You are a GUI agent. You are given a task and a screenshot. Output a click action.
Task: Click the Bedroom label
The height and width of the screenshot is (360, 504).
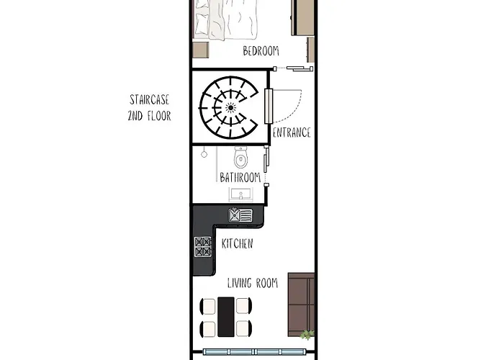pos(261,51)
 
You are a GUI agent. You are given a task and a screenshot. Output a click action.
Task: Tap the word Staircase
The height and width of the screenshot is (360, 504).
pos(150,99)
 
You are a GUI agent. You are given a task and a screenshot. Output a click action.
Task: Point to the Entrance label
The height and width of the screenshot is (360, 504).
pos(292,132)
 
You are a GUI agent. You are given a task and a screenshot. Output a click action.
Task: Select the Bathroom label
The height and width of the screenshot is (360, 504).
pos(240,177)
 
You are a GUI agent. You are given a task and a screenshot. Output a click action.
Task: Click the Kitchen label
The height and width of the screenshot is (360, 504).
pos(237,243)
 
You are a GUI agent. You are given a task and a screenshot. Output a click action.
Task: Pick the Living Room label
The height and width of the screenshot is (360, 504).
pos(253,283)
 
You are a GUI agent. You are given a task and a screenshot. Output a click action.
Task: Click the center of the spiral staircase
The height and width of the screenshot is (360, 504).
pos(230,107)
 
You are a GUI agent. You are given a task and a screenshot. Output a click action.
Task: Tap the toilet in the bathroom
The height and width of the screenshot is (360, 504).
pos(240,157)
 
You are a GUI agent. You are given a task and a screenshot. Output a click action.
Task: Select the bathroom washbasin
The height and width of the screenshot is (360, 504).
pos(240,194)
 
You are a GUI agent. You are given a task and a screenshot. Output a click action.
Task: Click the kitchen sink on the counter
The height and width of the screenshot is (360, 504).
pos(240,215)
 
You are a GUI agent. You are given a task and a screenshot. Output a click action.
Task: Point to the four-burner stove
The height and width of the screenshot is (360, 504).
pos(203,246)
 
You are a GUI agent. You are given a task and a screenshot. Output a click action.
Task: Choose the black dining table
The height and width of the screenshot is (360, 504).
pos(226,317)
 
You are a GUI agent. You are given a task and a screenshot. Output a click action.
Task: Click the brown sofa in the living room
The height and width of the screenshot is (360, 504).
pos(301,305)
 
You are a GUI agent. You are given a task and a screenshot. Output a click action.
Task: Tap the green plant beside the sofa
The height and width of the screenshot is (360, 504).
pos(307,335)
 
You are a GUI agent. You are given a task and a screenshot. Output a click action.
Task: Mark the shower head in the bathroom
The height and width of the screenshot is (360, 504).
pos(204,154)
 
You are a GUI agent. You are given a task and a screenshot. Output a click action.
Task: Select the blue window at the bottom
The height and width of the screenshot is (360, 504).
pos(253,351)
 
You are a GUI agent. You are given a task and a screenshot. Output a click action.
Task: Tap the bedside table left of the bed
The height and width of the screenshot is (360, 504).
pos(201,50)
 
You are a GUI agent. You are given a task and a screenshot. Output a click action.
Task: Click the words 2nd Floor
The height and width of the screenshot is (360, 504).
pos(150,116)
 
